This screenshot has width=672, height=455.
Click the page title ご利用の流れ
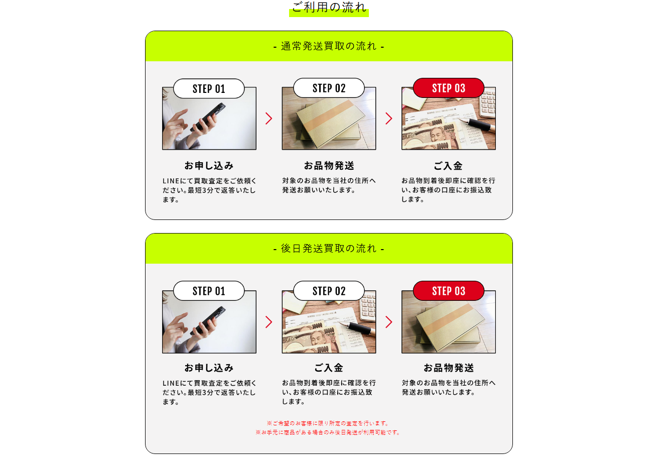tap(329, 7)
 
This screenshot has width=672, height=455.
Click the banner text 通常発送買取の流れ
tap(329, 46)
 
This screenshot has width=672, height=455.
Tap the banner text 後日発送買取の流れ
tap(329, 249)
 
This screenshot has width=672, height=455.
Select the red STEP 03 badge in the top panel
tap(449, 88)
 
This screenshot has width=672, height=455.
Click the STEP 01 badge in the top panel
tap(209, 88)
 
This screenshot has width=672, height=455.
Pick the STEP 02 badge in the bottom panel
tap(329, 291)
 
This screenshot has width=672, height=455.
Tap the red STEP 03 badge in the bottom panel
tap(449, 291)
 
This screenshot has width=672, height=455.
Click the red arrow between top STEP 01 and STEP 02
tap(269, 118)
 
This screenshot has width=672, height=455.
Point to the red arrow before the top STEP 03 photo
tap(389, 118)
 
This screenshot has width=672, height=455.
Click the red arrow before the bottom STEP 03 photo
tap(389, 322)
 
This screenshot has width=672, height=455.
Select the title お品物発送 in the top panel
tap(329, 165)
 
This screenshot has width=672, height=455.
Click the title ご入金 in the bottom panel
tap(329, 368)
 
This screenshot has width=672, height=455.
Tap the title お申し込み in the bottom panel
tap(209, 368)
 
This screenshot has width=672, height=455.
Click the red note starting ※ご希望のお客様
tap(328, 423)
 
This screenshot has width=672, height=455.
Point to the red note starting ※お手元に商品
tap(328, 432)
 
